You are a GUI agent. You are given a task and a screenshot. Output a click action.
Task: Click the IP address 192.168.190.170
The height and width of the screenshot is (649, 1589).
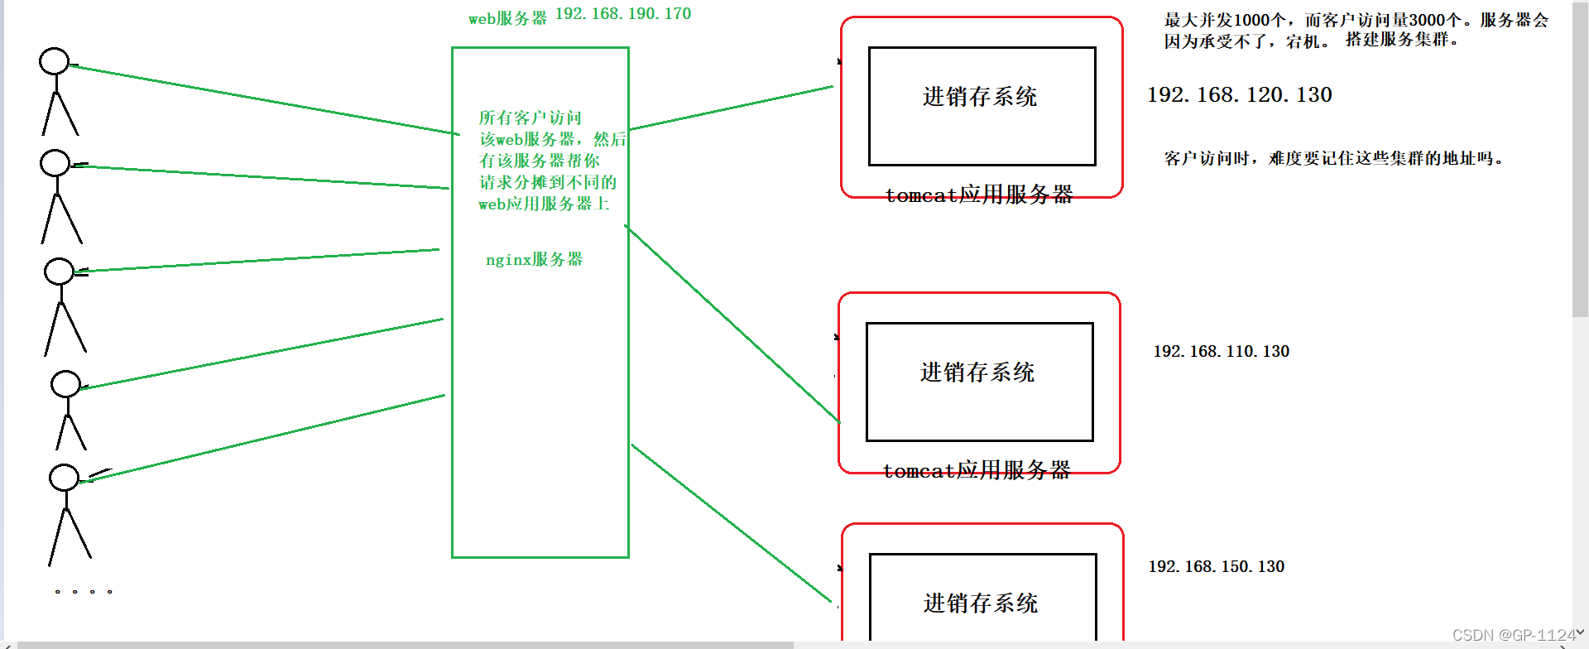point(622,14)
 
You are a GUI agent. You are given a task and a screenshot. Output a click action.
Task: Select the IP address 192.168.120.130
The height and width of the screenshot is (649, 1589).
point(1239,95)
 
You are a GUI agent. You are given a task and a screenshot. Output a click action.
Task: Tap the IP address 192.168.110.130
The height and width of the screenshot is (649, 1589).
point(1221,352)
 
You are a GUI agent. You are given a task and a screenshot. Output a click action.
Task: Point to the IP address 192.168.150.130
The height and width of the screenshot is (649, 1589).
point(1216,567)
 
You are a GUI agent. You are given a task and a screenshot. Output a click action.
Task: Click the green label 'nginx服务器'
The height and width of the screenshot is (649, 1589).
point(534,260)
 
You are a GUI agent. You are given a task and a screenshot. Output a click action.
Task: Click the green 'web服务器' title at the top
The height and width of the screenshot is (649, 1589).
point(507,18)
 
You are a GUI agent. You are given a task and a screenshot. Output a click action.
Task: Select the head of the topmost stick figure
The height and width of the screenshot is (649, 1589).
point(55,61)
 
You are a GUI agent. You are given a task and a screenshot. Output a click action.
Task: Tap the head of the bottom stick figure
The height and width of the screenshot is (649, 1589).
point(64,478)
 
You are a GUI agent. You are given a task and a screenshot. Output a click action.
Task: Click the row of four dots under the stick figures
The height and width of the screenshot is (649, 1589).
point(83,592)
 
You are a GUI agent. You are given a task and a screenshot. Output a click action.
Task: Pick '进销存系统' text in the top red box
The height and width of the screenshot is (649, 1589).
point(980,97)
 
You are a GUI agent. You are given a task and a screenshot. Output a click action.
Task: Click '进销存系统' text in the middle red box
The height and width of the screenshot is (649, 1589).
point(977,373)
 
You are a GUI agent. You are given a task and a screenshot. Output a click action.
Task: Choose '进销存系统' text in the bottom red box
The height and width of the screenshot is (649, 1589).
point(981,603)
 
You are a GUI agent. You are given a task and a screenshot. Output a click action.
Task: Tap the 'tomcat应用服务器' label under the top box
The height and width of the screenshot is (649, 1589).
point(979,195)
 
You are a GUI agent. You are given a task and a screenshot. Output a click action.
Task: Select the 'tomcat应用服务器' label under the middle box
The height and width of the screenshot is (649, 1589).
point(977,471)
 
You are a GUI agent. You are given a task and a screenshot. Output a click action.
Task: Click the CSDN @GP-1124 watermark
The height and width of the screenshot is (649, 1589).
point(1514,635)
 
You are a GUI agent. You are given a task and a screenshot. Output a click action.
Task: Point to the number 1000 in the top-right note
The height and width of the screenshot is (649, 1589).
point(1251,21)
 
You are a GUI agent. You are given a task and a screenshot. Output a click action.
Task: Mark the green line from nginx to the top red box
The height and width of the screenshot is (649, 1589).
point(732,108)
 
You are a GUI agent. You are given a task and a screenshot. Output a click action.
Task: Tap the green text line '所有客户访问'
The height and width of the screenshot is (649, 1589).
point(530,118)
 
